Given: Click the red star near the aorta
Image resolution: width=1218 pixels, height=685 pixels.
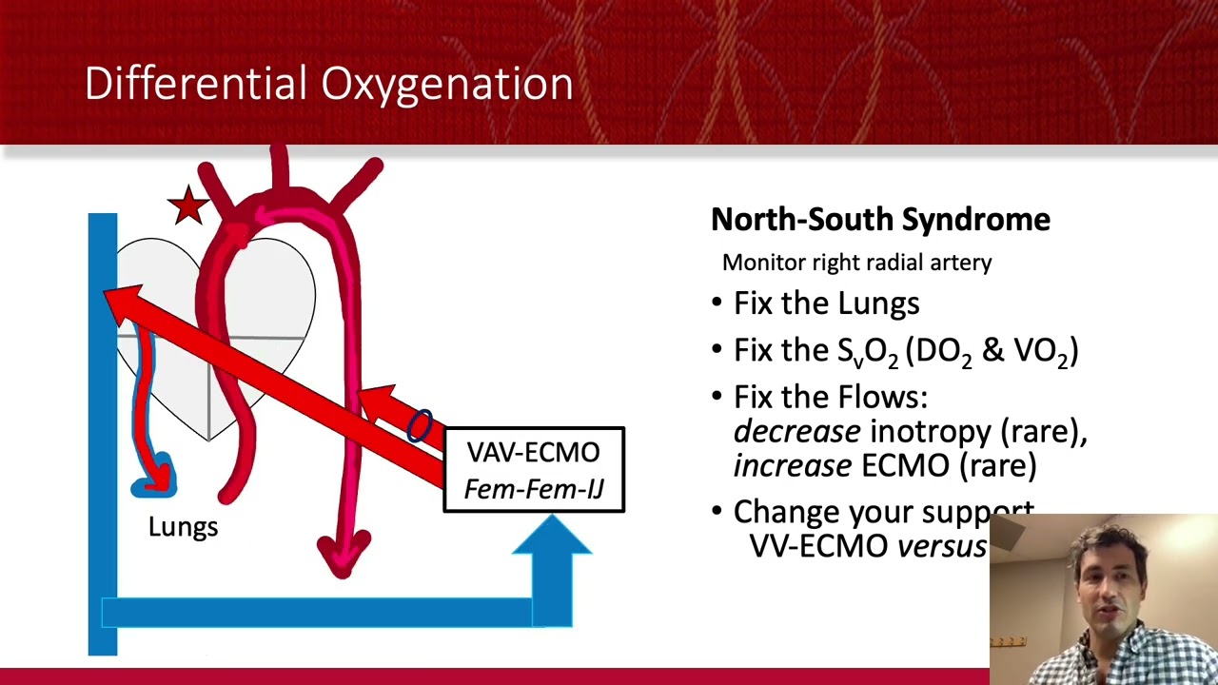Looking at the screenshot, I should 188,205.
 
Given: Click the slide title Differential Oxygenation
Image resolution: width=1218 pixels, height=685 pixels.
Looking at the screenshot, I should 328,84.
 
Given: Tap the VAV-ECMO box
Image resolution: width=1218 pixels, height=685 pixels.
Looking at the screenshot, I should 534,470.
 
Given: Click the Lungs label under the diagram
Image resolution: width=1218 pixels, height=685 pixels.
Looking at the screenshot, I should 183,527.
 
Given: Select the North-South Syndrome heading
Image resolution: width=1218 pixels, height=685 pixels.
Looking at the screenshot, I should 880,220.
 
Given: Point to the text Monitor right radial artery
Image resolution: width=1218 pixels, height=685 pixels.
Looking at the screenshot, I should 856,263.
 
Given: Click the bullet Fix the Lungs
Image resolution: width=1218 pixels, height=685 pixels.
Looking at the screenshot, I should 825,303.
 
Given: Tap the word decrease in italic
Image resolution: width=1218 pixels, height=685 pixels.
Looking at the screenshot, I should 796,432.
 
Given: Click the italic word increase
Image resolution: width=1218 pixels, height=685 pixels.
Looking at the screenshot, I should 792,466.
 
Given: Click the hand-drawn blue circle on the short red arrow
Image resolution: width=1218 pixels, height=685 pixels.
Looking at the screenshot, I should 419,426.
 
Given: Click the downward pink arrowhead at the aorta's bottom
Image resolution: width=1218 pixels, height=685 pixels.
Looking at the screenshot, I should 343,556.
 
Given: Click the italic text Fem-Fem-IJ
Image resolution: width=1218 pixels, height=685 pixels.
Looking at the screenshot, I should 534,490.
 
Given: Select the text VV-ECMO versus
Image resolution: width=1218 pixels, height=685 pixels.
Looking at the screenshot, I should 867,547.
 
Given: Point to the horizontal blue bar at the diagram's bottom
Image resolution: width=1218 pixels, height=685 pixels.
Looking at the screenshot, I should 324,612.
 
